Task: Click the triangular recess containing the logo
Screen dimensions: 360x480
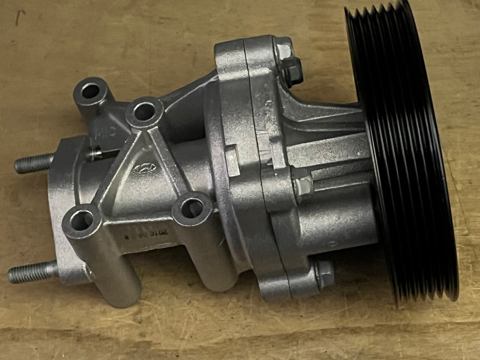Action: (x=141, y=174)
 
